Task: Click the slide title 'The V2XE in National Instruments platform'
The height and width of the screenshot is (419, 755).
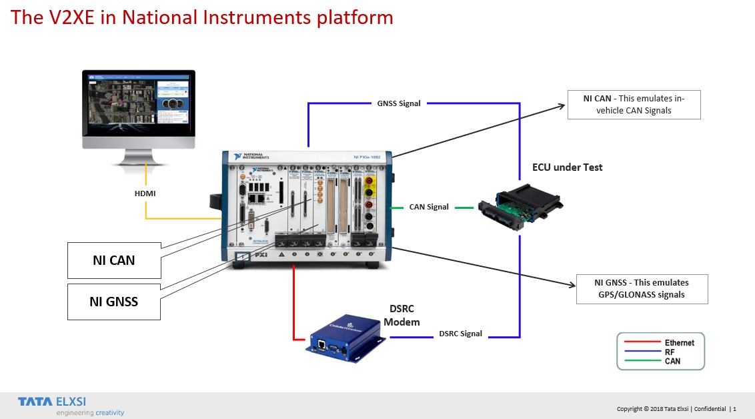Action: tap(202, 17)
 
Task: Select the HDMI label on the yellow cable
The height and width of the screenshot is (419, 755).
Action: tap(145, 193)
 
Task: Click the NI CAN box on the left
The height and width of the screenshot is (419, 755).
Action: tap(114, 260)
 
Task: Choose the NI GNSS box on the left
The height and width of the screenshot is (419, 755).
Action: tap(114, 302)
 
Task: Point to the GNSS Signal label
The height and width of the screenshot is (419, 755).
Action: tap(399, 103)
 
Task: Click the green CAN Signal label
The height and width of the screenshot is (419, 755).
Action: tap(429, 207)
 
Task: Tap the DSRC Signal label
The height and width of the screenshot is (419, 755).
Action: tap(460, 334)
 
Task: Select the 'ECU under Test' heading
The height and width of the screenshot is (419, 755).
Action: tap(567, 167)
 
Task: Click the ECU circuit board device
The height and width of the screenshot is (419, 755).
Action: tap(521, 209)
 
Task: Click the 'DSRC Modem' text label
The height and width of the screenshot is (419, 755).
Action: tap(402, 316)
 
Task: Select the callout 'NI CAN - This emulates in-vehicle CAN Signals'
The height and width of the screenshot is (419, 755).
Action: tap(634, 105)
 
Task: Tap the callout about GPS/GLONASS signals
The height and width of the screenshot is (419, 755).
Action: tap(642, 288)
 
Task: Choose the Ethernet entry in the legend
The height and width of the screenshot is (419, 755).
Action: tap(679, 343)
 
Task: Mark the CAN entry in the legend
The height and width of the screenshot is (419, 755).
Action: tap(672, 361)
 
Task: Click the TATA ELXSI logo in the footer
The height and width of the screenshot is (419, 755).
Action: tap(52, 402)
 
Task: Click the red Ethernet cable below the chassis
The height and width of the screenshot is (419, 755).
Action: tap(294, 300)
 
